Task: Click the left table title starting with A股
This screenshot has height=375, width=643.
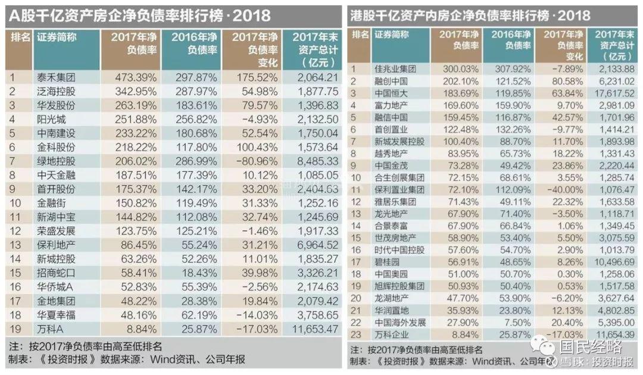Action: pyautogui.click(x=140, y=15)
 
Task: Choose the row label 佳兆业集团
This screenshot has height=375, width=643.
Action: pyautogui.click(x=395, y=69)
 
